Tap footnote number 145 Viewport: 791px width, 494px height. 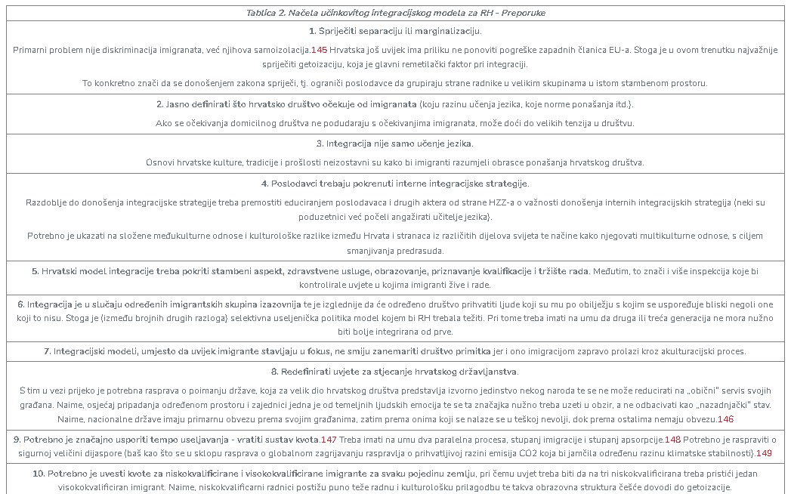(x=319, y=50)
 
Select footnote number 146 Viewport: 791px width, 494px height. (x=725, y=419)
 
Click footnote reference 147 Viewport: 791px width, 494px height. (x=329, y=439)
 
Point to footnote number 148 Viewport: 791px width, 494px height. (x=672, y=439)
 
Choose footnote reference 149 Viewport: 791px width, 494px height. (x=764, y=453)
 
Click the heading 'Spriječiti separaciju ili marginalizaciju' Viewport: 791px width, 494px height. (x=395, y=31)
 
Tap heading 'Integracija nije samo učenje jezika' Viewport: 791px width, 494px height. (x=395, y=144)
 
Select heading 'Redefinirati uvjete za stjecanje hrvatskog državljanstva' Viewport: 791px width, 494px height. (x=395, y=372)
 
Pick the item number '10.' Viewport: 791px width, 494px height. (x=39, y=474)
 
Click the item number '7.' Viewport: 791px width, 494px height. (x=47, y=351)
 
